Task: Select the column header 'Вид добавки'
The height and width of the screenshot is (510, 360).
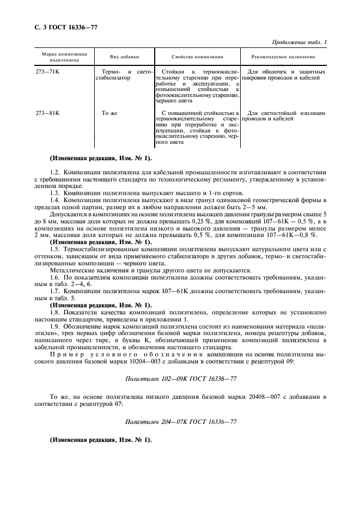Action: (x=124, y=57)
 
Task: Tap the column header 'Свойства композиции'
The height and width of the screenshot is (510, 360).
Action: (x=197, y=57)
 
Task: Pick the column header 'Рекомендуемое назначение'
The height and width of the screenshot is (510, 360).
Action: (x=283, y=57)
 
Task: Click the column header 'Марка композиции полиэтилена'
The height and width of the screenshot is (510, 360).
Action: (x=60, y=57)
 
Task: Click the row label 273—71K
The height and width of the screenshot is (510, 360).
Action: (x=47, y=72)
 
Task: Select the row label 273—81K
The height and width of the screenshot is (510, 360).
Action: (x=47, y=113)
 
